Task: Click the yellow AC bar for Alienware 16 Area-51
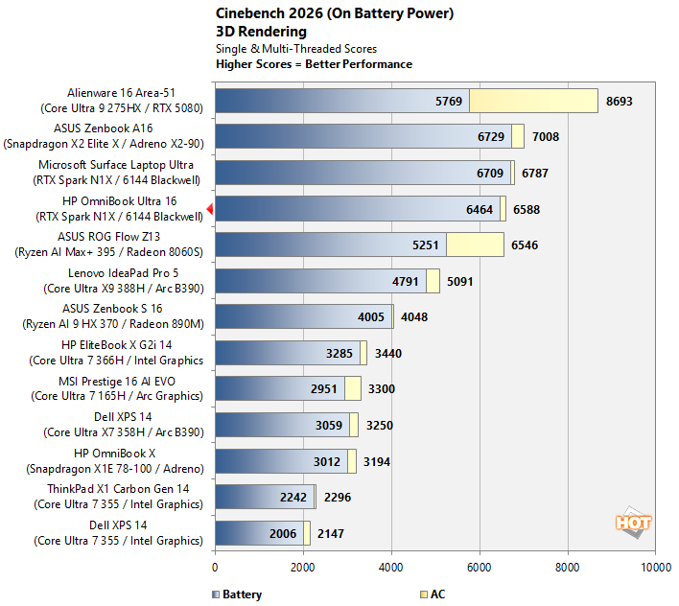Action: pyautogui.click(x=533, y=101)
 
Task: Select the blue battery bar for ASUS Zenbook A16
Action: pyautogui.click(x=363, y=136)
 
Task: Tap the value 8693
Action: pyautogui.click(x=619, y=102)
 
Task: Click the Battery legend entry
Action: pyautogui.click(x=237, y=594)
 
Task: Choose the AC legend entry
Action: pyautogui.click(x=433, y=594)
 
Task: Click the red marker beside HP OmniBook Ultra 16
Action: pyautogui.click(x=210, y=209)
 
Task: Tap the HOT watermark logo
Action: pyautogui.click(x=633, y=522)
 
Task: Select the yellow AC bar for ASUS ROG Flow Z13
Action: pyautogui.click(x=475, y=245)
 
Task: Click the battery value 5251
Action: pyautogui.click(x=425, y=245)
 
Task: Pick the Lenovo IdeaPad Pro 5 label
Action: pyautogui.click(x=124, y=281)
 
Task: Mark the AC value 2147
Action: pyautogui.click(x=331, y=534)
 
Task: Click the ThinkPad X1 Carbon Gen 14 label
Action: pyautogui.click(x=118, y=497)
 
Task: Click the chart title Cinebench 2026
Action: pyautogui.click(x=269, y=13)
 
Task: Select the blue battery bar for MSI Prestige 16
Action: pyautogui.click(x=280, y=388)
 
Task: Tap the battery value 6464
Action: pyautogui.click(x=479, y=209)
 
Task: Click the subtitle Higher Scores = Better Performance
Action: pyautogui.click(x=314, y=64)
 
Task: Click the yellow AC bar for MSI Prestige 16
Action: pyautogui.click(x=353, y=388)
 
